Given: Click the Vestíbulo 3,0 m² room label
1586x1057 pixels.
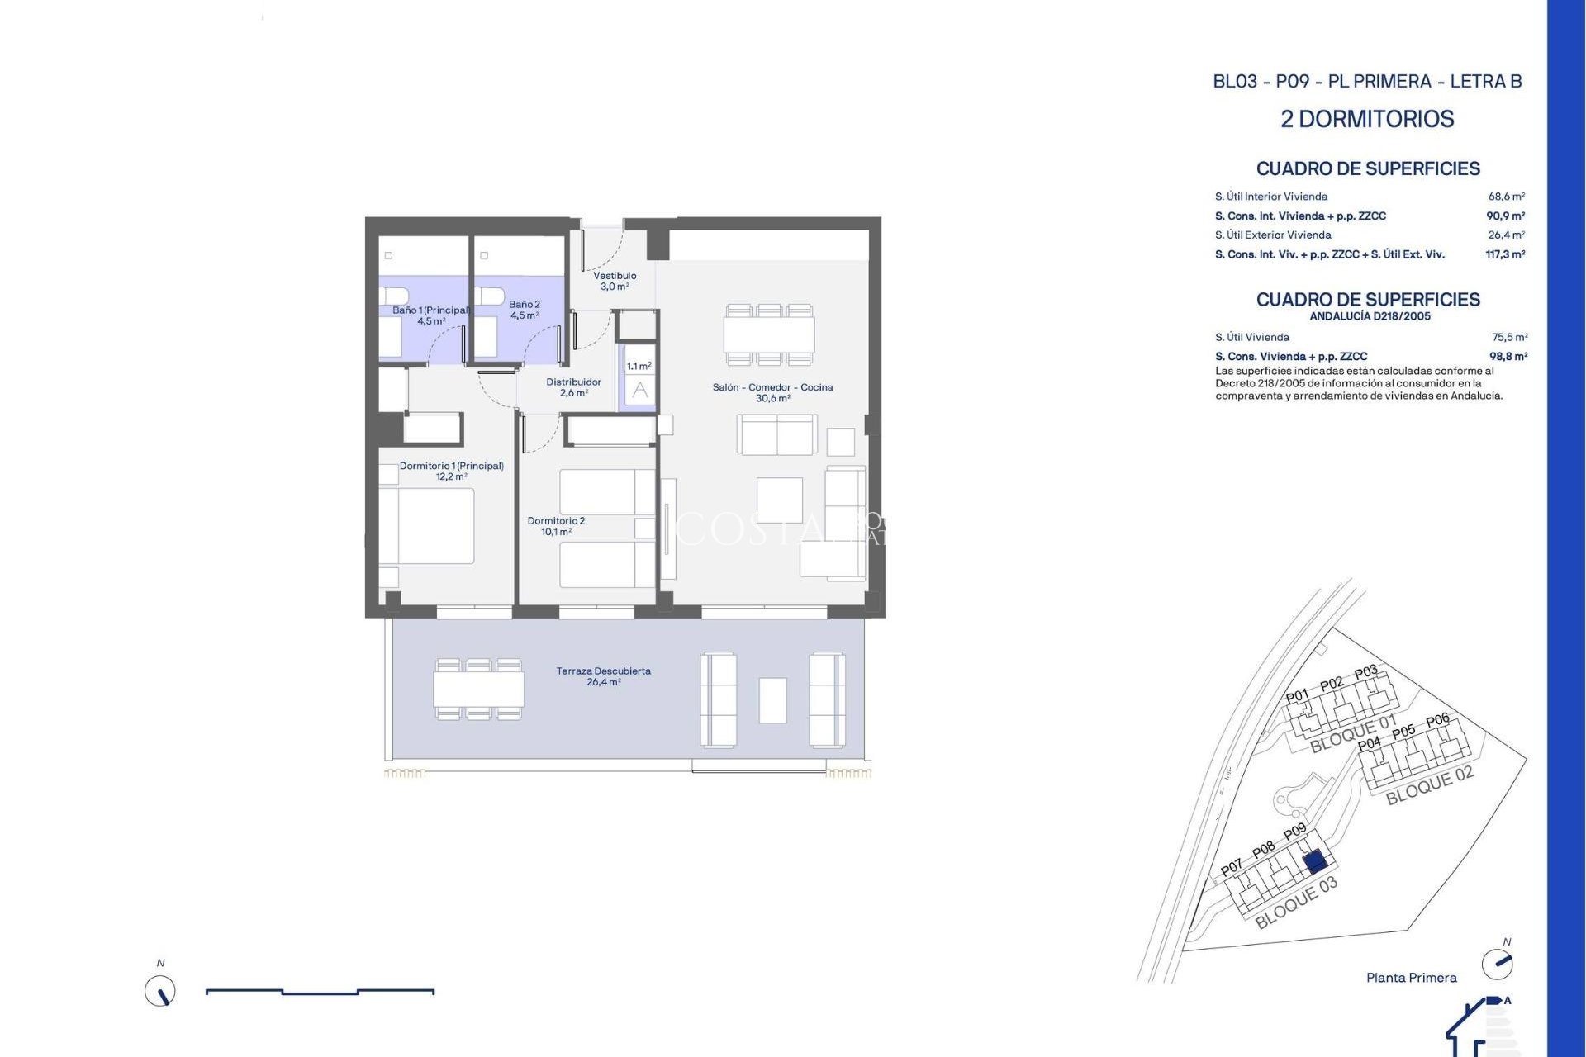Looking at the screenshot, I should (x=615, y=281).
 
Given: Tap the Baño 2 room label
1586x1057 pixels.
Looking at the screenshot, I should (x=525, y=310).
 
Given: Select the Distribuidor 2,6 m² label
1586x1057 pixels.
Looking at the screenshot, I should (x=573, y=387).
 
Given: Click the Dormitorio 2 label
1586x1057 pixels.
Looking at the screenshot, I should (x=556, y=526).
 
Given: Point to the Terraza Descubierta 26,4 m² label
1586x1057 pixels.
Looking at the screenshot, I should (x=603, y=676).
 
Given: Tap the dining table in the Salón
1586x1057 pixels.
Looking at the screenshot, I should (x=769, y=334).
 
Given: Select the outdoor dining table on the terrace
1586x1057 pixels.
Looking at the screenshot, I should (x=478, y=690).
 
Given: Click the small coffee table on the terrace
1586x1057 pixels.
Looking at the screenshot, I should (x=773, y=700).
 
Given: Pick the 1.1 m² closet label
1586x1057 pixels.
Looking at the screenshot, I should (x=639, y=366).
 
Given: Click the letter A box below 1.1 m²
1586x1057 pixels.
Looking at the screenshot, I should (x=640, y=391).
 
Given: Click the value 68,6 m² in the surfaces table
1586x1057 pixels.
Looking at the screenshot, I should (x=1506, y=197).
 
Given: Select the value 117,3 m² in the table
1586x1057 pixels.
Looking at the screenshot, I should (x=1504, y=254).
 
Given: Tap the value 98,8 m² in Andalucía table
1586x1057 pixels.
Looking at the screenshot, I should (x=1508, y=357).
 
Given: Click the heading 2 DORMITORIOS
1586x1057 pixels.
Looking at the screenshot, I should (x=1367, y=119).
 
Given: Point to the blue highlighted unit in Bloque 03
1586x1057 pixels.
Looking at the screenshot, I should (x=1315, y=863).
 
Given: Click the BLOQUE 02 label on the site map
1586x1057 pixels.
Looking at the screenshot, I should (x=1429, y=785).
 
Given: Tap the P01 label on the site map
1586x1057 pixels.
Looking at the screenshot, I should (x=1297, y=695).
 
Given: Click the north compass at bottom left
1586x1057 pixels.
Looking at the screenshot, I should (x=160, y=990).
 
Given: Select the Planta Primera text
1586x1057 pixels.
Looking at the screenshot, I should (x=1411, y=978).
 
